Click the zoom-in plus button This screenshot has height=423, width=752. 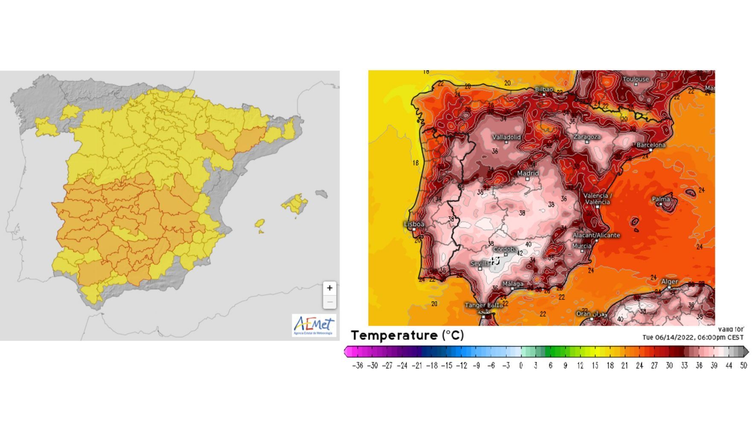pos(329,288)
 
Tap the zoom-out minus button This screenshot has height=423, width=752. pos(329,302)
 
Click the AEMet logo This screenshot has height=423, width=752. pos(314,326)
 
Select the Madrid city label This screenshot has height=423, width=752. pos(528,173)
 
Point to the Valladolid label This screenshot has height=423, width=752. pos(506,137)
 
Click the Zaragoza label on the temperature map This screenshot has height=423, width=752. pos(587,137)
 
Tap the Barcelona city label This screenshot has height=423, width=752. pos(651,145)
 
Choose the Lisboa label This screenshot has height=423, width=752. pos(414,224)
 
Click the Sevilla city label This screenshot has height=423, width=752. pos(480,264)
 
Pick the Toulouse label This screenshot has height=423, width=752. pos(636,79)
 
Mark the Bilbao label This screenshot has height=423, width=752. pos(544,89)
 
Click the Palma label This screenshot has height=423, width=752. pos(661,199)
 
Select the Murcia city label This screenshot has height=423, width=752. pos(582,246)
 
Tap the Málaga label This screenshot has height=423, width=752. pos(513,284)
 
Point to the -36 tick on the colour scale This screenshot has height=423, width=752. pos(357,366)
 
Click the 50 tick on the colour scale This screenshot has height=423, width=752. pos(743,366)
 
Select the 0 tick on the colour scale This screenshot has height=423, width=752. pos(521,366)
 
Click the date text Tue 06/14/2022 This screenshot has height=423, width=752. pos(668,337)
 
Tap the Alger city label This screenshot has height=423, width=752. pos(669,282)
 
